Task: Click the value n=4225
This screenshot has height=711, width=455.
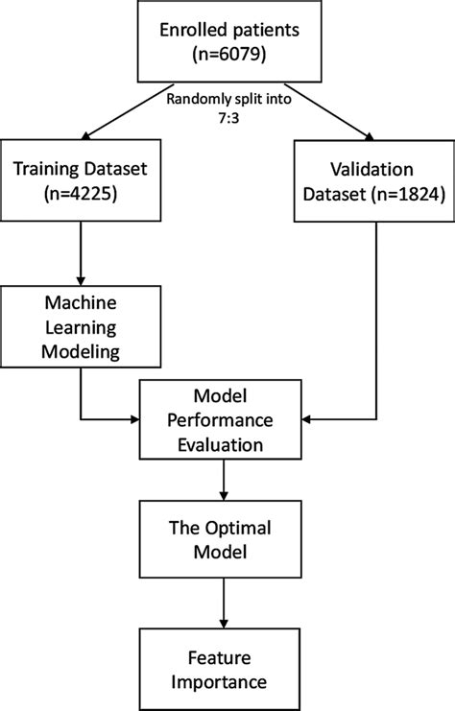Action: (80, 197)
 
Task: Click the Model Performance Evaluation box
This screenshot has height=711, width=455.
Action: (223, 419)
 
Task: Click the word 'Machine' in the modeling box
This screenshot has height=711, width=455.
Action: (80, 302)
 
